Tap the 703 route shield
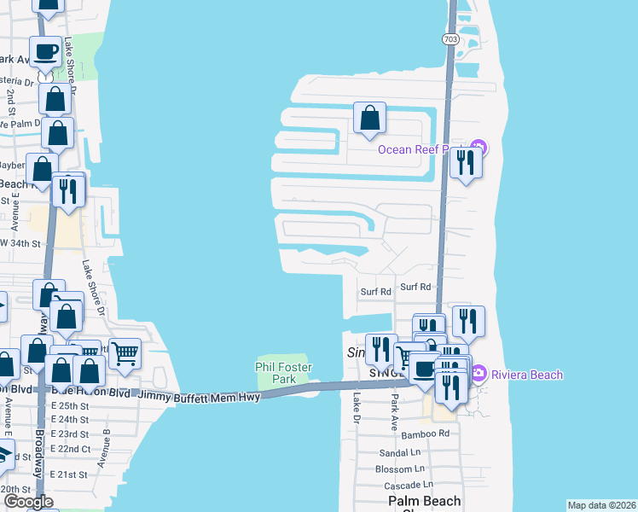pos(451,39)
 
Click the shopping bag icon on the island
pos(369,119)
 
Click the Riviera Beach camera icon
pos(478,374)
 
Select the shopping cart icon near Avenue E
pos(125,353)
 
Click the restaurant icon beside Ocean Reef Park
pos(466,162)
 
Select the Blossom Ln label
pos(399,468)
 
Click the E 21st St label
pos(68,474)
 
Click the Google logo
pos(28,502)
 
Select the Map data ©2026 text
pos(601,504)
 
